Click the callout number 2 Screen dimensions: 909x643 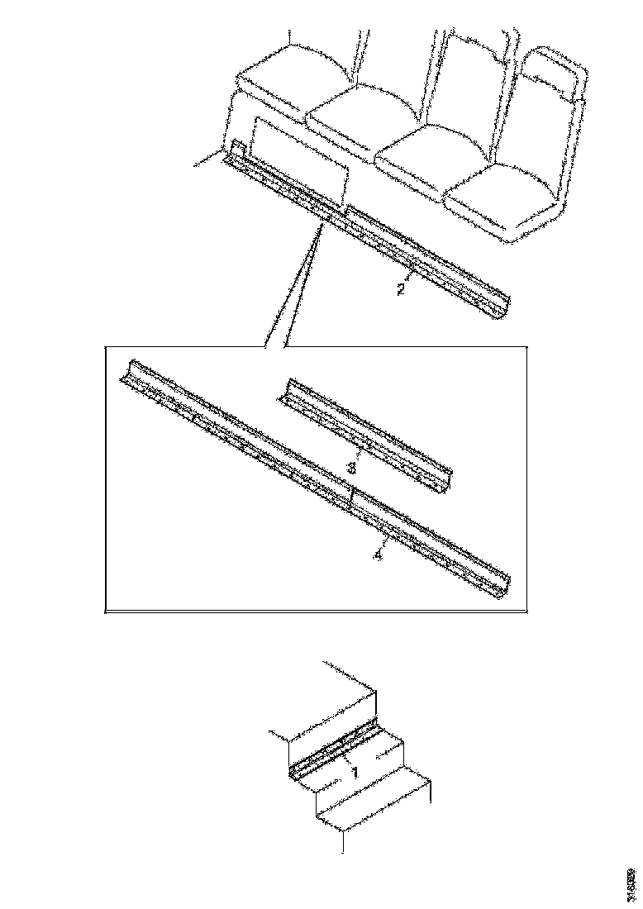(x=400, y=290)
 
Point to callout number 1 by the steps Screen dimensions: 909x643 (x=355, y=773)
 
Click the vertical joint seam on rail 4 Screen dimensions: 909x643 (x=352, y=497)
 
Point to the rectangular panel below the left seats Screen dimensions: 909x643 (x=298, y=161)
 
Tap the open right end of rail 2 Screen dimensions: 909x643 (x=503, y=305)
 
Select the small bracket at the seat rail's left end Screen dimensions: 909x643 (x=236, y=150)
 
